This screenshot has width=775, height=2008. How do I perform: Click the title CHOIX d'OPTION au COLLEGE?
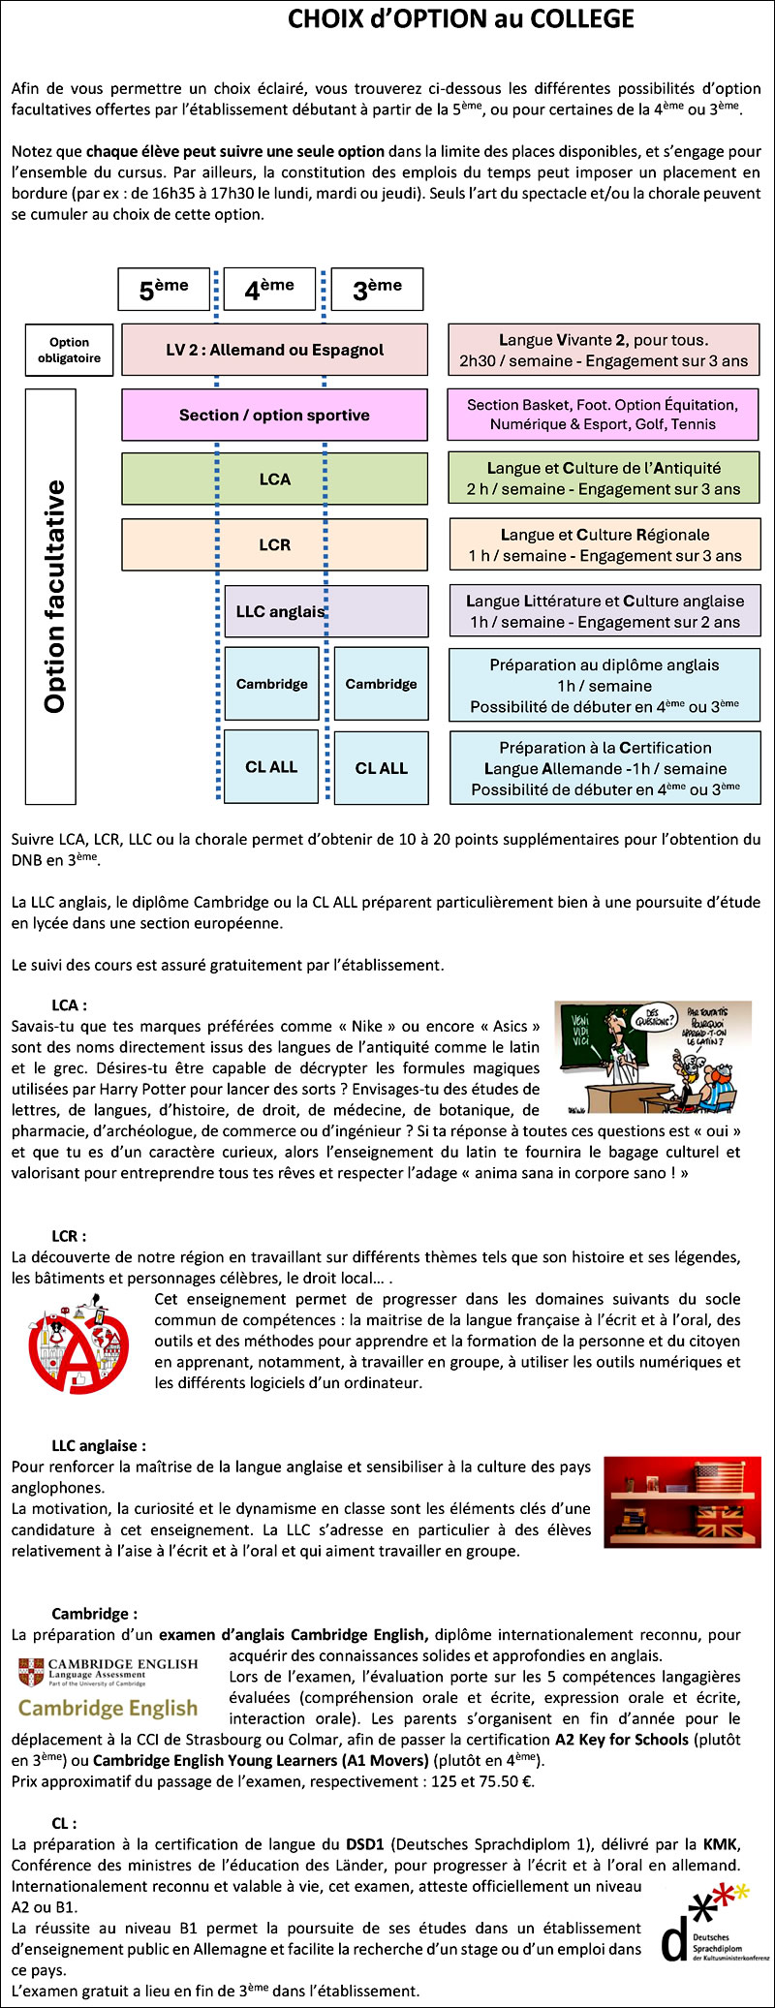coord(461,19)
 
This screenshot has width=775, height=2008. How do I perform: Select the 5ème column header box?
coord(164,289)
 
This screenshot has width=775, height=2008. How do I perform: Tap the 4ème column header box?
coord(269,289)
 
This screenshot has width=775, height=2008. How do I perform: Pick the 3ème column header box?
coord(377,289)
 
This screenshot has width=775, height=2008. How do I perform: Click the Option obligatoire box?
coord(70,350)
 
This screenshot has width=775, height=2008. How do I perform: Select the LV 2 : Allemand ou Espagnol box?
coord(274,350)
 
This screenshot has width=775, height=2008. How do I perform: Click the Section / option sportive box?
coord(274,416)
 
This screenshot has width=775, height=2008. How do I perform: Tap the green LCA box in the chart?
coord(274,479)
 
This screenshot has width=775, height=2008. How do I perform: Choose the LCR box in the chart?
coord(274,544)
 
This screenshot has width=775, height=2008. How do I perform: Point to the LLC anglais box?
coord(325,611)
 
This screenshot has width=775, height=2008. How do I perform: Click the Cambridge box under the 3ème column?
coord(381,684)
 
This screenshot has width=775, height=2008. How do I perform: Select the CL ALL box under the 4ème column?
coord(271,767)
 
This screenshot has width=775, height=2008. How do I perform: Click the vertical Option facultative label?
coord(51,597)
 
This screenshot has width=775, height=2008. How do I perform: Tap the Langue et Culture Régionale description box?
coord(604,544)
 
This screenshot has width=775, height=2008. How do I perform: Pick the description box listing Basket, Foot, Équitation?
coord(603,415)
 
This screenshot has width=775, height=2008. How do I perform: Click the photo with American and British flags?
coord(682,1502)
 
